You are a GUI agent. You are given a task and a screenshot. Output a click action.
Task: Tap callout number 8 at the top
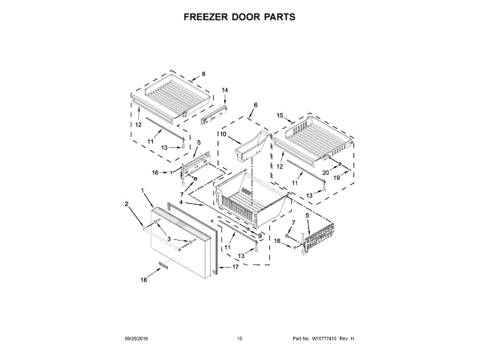pyautogui.click(x=202, y=74)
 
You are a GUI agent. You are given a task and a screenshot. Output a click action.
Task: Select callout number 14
pyautogui.click(x=224, y=91)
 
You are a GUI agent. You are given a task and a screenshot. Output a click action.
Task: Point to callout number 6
pyautogui.click(x=255, y=105)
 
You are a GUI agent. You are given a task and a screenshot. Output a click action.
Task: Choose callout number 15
pyautogui.click(x=279, y=116)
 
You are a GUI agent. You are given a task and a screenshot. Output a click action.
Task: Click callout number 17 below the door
pyautogui.click(x=235, y=268)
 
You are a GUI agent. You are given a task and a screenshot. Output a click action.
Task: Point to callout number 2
pyautogui.click(x=127, y=203)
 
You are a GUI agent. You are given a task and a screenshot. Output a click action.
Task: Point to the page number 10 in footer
pyautogui.click(x=240, y=340)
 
